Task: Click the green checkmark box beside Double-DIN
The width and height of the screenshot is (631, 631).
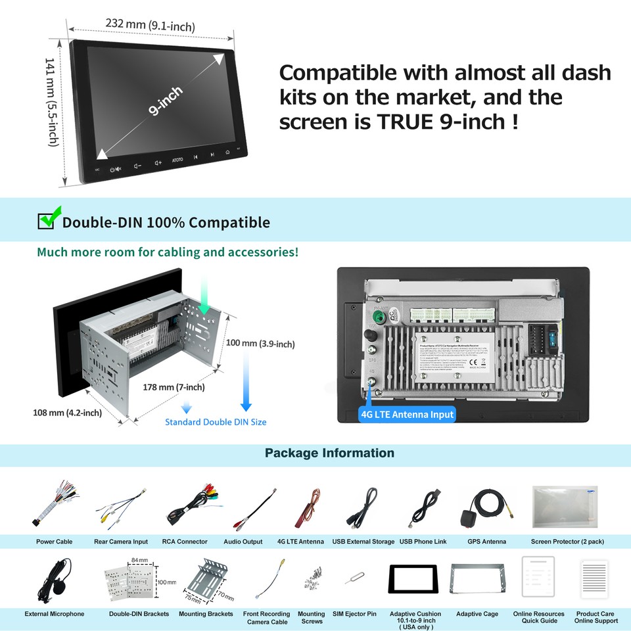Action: tap(47, 220)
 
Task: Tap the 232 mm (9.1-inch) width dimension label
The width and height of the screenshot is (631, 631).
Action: tap(151, 26)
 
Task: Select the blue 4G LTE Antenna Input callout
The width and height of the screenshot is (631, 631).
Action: tap(407, 414)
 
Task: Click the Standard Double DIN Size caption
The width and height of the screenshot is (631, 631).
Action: tap(216, 422)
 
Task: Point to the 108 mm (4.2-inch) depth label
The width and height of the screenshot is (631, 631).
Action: tap(67, 413)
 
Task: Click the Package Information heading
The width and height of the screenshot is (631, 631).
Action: tap(329, 453)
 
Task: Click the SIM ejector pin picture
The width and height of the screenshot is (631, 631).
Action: tap(354, 579)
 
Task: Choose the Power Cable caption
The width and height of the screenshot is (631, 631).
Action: tap(54, 542)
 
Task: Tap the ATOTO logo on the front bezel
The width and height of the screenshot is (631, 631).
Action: tap(177, 160)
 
